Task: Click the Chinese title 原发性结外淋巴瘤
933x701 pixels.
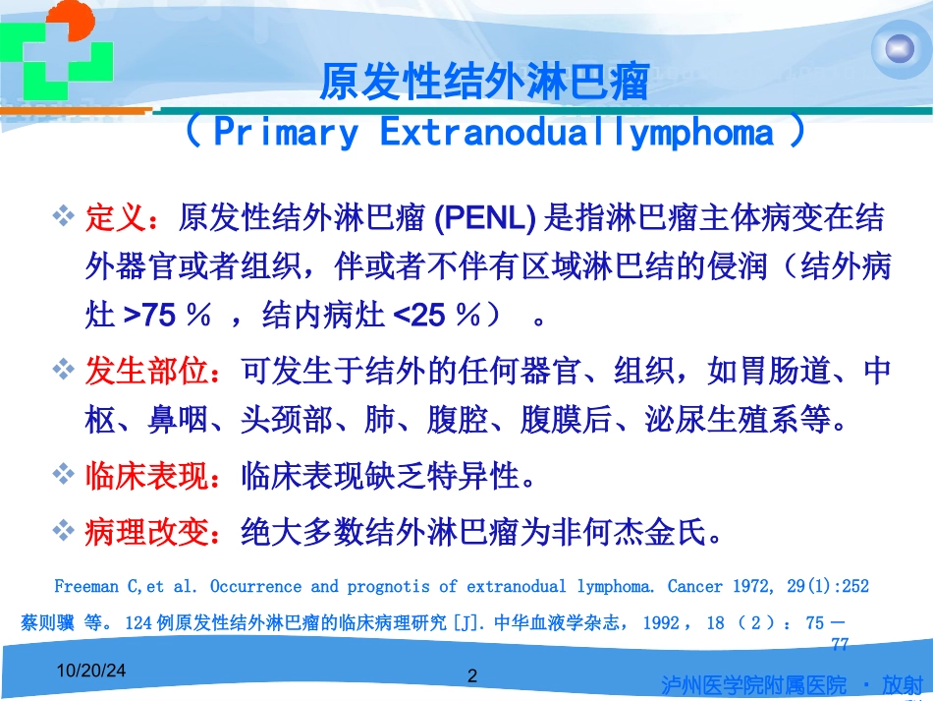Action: (484, 84)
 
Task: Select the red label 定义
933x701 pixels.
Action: (117, 216)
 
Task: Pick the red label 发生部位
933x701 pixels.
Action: (148, 372)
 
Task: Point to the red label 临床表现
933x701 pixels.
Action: (148, 477)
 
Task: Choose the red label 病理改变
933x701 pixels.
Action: (148, 532)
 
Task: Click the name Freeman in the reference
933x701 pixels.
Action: (86, 587)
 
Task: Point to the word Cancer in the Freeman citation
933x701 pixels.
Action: (694, 587)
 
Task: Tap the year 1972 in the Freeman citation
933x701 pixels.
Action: (753, 587)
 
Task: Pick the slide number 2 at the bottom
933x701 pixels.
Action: (472, 676)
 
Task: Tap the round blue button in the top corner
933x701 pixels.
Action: (899, 49)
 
